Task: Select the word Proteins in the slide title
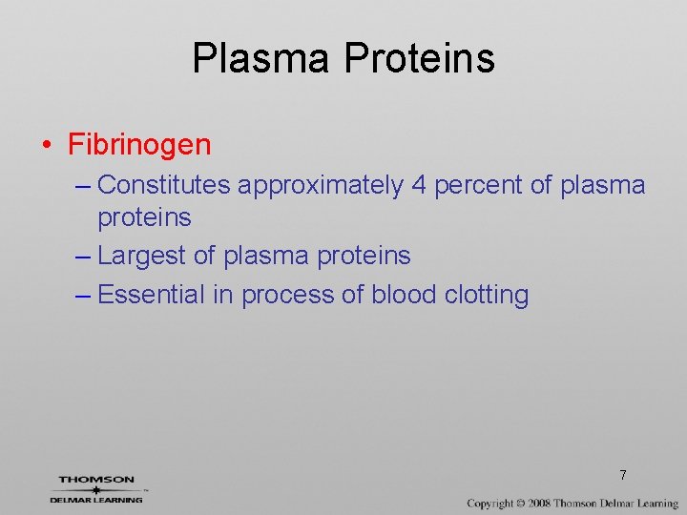[x=419, y=58]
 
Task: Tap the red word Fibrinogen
[x=139, y=145]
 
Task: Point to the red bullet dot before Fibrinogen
[x=46, y=146]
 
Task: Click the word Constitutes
[x=164, y=185]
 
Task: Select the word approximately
[x=321, y=185]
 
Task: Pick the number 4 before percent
[x=419, y=185]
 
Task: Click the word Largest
[x=145, y=256]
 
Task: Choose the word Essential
[x=152, y=295]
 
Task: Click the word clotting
[x=487, y=296]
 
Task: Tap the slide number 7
[x=622, y=475]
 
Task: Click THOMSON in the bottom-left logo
[x=96, y=480]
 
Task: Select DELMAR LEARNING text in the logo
[x=96, y=499]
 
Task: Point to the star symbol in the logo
[x=95, y=489]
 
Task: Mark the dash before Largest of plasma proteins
[x=83, y=257]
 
